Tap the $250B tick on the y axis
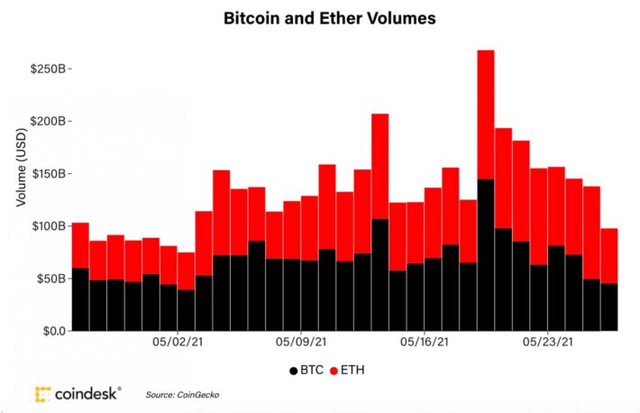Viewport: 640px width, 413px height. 49,69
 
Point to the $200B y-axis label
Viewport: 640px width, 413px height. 49,121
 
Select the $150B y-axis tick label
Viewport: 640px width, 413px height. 49,173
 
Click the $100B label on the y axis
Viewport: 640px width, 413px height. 49,225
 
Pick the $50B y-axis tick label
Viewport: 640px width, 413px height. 51,278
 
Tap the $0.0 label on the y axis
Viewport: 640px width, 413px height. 52,331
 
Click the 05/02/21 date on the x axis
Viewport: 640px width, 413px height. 177,343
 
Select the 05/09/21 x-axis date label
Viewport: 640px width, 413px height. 300,343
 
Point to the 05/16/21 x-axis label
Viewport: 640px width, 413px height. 424,343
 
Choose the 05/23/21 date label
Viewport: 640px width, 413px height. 547,343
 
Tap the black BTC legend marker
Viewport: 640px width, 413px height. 294,370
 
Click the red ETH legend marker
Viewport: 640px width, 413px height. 334,370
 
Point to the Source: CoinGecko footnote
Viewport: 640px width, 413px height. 182,395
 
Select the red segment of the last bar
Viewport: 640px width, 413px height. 609,256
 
